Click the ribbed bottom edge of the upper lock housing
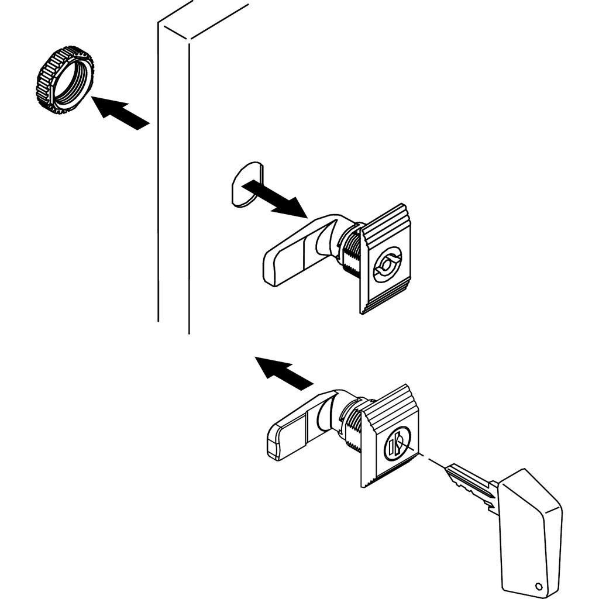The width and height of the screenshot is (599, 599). (383, 301)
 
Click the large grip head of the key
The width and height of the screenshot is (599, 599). (529, 526)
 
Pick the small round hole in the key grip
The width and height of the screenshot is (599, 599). (538, 585)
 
